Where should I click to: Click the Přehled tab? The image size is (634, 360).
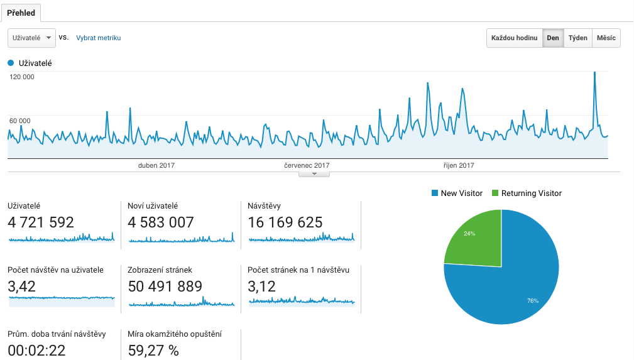click(21, 13)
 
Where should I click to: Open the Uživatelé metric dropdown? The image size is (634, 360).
click(31, 38)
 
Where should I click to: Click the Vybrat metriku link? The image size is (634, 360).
click(98, 38)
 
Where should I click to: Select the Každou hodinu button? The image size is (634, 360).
click(515, 38)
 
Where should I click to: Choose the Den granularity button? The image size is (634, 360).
click(553, 38)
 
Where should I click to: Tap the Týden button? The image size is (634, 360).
click(577, 38)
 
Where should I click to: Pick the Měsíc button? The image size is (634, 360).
click(606, 38)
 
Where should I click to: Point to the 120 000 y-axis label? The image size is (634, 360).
click(22, 77)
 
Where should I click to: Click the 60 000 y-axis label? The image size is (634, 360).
click(20, 121)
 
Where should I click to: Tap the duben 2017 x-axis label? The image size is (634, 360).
click(156, 166)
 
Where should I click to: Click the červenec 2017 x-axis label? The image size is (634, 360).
click(307, 166)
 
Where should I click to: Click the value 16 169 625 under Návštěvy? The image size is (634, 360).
click(285, 222)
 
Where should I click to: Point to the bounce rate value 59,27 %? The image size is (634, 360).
click(153, 350)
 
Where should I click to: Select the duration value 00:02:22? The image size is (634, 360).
click(36, 350)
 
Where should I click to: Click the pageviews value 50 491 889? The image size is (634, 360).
click(165, 286)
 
